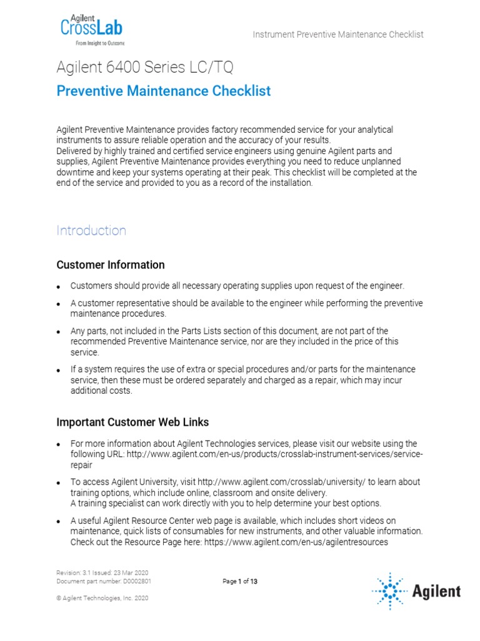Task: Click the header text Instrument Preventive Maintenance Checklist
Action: click(x=338, y=34)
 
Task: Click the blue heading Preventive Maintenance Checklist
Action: click(x=164, y=91)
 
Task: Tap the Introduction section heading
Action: click(x=91, y=230)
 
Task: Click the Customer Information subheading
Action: click(x=111, y=265)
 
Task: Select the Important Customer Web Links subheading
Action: click(x=132, y=422)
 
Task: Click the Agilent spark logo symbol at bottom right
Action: click(x=389, y=590)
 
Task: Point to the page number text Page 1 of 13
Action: click(x=240, y=582)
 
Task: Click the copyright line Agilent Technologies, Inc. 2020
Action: click(x=102, y=598)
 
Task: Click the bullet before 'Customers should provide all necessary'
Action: click(x=58, y=287)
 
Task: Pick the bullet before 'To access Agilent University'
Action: click(x=58, y=483)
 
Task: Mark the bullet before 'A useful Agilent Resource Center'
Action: click(x=58, y=521)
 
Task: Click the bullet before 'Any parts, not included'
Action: click(x=58, y=331)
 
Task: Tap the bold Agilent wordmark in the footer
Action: click(x=436, y=591)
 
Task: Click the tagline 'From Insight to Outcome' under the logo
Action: click(x=99, y=43)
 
